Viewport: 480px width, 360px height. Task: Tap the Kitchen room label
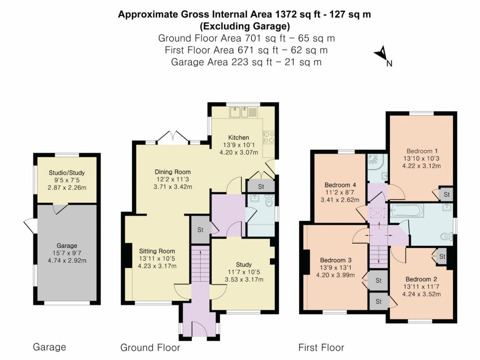[x=239, y=137]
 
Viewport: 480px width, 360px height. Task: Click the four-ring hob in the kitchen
[x=269, y=136]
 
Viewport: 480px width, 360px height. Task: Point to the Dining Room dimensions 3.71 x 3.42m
[x=173, y=187]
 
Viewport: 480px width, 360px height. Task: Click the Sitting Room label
[x=157, y=251]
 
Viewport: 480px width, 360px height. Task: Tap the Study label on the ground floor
[x=244, y=264]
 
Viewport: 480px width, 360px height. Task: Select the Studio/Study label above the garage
[x=67, y=172]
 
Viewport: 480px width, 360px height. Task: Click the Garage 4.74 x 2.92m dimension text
[x=67, y=261]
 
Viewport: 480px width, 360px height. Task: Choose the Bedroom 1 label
[x=422, y=151]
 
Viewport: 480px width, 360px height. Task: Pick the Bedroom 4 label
[x=340, y=185]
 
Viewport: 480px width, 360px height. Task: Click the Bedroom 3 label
[x=336, y=260]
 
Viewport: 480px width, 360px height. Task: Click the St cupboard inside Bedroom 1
[x=446, y=194]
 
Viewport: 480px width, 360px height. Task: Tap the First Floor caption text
[x=321, y=348]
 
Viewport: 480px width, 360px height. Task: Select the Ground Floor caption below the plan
[x=150, y=348]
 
